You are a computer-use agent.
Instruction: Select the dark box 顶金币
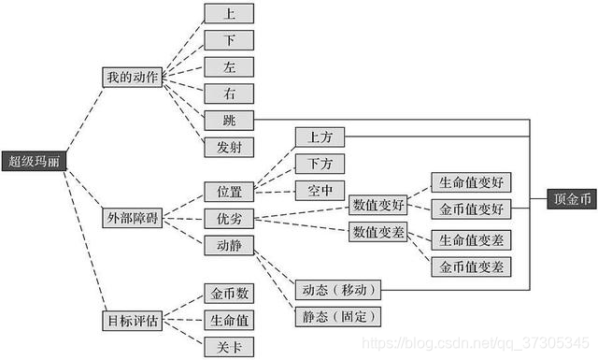tap(572, 198)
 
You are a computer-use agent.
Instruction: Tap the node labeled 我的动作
tap(131, 78)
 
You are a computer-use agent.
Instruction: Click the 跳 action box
tap(229, 120)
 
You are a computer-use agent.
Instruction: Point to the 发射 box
tap(229, 147)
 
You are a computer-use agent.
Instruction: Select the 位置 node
tap(229, 192)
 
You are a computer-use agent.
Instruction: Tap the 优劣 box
tap(229, 219)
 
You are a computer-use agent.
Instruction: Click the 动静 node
tap(229, 245)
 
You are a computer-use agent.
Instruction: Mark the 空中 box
tap(320, 190)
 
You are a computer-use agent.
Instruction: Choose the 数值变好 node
tap(378, 205)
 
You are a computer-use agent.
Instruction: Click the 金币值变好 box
tap(472, 209)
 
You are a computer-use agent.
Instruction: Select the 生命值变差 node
tap(472, 240)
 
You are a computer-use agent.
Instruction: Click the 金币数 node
tap(229, 294)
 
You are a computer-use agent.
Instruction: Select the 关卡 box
tap(229, 347)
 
